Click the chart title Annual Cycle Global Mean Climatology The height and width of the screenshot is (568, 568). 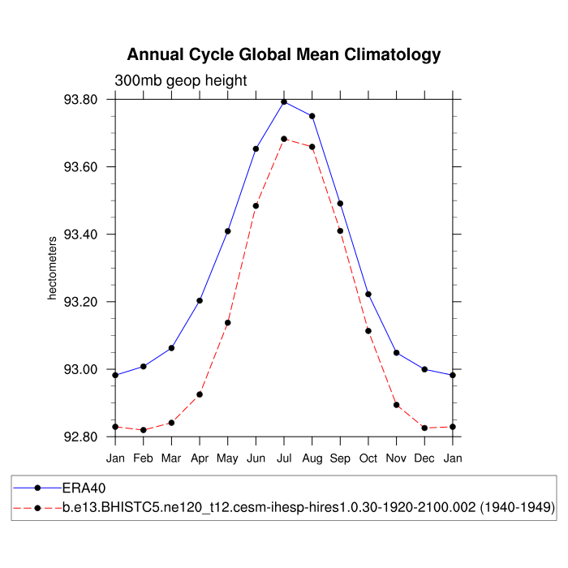[x=284, y=55]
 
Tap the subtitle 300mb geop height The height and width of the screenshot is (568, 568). [x=180, y=80]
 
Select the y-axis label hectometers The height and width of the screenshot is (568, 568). [x=53, y=269]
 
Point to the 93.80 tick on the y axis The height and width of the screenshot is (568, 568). [x=80, y=100]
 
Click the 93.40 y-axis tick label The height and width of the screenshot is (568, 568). [x=80, y=235]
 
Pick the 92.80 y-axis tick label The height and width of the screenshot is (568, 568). [x=80, y=437]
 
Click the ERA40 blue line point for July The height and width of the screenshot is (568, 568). [x=284, y=101]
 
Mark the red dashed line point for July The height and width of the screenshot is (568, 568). [x=284, y=139]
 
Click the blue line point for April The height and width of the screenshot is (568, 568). [x=200, y=300]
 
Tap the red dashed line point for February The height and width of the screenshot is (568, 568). [x=144, y=430]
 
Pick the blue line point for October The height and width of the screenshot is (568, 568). [x=368, y=294]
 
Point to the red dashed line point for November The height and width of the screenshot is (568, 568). [x=397, y=405]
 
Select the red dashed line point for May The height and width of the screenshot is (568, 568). [x=228, y=323]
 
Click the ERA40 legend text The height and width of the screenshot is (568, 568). [x=84, y=488]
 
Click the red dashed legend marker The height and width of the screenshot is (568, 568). [x=38, y=507]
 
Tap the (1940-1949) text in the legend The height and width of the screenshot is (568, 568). [x=515, y=507]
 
